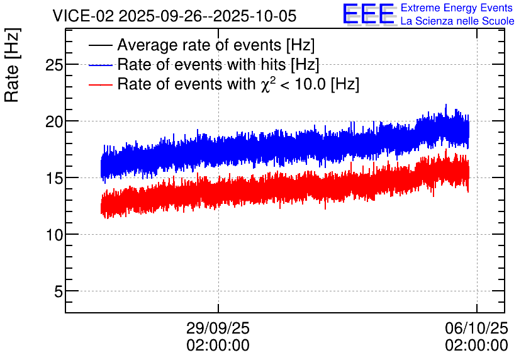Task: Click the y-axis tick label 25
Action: click(54, 65)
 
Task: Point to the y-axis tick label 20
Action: click(54, 121)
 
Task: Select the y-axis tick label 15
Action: click(54, 178)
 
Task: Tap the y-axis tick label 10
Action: click(54, 235)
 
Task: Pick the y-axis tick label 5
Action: click(59, 291)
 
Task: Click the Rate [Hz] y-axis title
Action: click(12, 65)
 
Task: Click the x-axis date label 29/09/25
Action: click(218, 328)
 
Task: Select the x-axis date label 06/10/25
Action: click(476, 328)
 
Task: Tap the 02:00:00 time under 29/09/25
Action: click(218, 346)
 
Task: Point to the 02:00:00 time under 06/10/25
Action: click(476, 346)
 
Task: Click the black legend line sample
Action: click(100, 45)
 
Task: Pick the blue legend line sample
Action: click(100, 65)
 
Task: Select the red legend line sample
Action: click(100, 85)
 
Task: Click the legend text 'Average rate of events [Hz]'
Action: click(216, 45)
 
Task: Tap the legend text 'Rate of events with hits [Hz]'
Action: click(218, 65)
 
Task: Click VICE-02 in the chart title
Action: click(84, 16)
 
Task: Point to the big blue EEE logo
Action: click(369, 14)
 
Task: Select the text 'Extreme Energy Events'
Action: click(457, 8)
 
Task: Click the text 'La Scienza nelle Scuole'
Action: click(457, 21)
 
